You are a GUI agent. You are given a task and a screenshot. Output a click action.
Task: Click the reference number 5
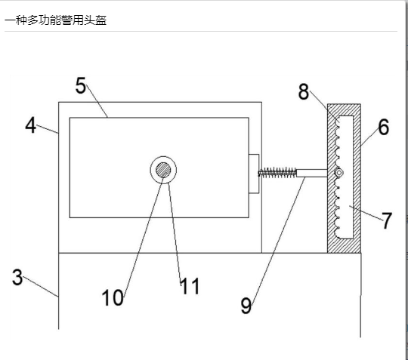point(81,86)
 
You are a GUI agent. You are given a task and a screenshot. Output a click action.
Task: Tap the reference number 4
point(31,125)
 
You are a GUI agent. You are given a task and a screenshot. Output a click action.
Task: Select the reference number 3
point(17,277)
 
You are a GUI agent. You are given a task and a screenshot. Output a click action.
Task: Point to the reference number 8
point(304,92)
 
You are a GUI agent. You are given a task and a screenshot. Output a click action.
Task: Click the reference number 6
point(384,127)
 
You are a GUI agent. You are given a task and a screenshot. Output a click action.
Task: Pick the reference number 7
point(387,220)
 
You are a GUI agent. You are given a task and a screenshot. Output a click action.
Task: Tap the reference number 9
point(246,306)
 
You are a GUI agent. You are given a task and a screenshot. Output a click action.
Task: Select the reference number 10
point(113,297)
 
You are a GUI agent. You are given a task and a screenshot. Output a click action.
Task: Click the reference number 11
point(190,286)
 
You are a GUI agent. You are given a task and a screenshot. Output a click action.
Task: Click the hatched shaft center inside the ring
point(163,170)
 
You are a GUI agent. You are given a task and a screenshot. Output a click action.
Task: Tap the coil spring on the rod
point(277,172)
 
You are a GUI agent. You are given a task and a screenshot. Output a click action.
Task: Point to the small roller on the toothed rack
point(338,173)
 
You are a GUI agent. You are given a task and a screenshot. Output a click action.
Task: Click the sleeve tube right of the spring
point(312,173)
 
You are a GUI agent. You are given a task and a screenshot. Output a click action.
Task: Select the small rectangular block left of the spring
point(254,174)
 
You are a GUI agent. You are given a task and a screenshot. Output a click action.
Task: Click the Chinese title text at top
point(55,20)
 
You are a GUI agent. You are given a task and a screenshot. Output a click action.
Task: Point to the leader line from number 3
point(40,287)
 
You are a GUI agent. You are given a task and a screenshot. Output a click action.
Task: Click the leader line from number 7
point(366,213)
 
